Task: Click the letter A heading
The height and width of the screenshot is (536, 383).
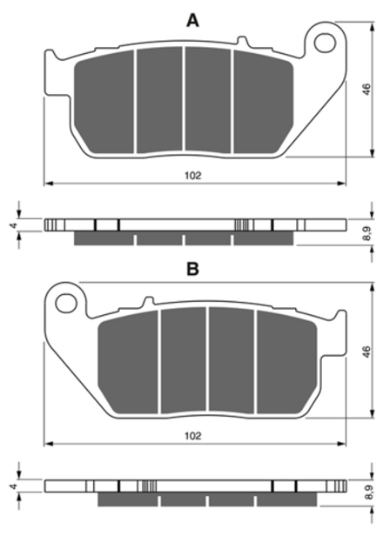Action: (x=192, y=20)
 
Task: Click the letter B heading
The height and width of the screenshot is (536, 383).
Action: (x=192, y=269)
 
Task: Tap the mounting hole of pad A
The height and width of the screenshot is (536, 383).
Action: (x=326, y=43)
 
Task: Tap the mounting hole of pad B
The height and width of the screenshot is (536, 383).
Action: (x=66, y=303)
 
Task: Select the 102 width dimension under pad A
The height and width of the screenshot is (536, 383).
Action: (x=193, y=176)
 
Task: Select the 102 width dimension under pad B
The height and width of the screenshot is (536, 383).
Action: (x=193, y=436)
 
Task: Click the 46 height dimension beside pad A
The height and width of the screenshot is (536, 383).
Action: (x=366, y=90)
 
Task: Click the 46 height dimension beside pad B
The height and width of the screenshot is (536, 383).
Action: (x=366, y=352)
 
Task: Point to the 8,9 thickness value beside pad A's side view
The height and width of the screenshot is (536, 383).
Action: (x=366, y=233)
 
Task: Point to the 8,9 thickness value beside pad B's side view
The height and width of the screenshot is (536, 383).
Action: (x=368, y=493)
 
